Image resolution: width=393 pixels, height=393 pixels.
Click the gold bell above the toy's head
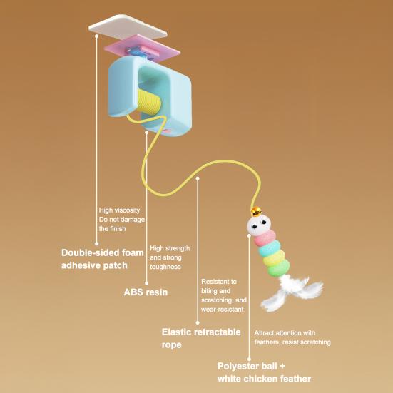pyautogui.click(x=256, y=212)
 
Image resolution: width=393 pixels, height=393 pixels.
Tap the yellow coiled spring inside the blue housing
pyautogui.click(x=148, y=102)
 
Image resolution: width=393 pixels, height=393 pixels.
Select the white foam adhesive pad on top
pyautogui.click(x=128, y=27)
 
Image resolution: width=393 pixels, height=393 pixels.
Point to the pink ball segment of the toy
pyautogui.click(x=265, y=238)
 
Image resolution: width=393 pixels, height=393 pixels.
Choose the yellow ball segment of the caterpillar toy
pyautogui.click(x=274, y=258)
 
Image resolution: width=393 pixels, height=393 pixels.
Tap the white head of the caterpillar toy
pyautogui.click(x=259, y=225)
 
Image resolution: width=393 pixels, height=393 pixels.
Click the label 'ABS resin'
pyautogui.click(x=146, y=292)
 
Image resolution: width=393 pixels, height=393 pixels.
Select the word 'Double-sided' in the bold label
pyautogui.click(x=86, y=252)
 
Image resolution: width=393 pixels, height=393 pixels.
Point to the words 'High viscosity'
pyautogui.click(x=119, y=210)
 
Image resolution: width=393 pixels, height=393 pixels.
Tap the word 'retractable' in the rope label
pyautogui.click(x=218, y=332)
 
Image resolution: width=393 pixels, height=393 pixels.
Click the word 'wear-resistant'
pyautogui.click(x=223, y=310)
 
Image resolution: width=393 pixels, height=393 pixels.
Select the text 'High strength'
pyautogui.click(x=170, y=248)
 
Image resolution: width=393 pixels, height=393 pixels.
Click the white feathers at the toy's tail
pyautogui.click(x=292, y=292)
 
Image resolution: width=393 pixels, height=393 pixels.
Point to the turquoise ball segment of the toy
pyautogui.click(x=269, y=248)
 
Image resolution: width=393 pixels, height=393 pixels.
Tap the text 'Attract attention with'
pyautogui.click(x=285, y=333)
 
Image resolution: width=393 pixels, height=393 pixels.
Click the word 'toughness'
pyautogui.click(x=165, y=267)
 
